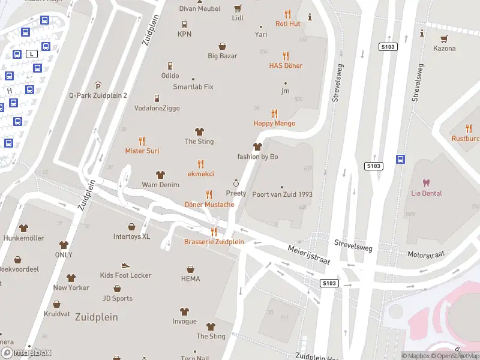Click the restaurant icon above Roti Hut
[x=287, y=14]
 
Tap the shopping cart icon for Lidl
[x=238, y=8]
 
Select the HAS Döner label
[x=286, y=65]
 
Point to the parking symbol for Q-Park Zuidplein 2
[x=98, y=86]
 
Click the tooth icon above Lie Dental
[x=427, y=183]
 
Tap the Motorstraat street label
[x=426, y=255]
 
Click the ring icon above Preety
[x=236, y=183]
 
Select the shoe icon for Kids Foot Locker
[x=125, y=265]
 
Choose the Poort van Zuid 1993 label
[x=282, y=194]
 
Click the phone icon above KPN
[x=184, y=24]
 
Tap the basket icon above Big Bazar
[x=223, y=46]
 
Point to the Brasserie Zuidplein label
[x=214, y=242]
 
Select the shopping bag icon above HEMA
[x=190, y=269]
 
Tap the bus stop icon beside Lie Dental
[x=400, y=159]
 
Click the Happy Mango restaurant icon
[x=274, y=113]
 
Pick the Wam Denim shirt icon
[x=160, y=175]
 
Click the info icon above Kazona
[x=422, y=32]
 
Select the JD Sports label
[x=117, y=298]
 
